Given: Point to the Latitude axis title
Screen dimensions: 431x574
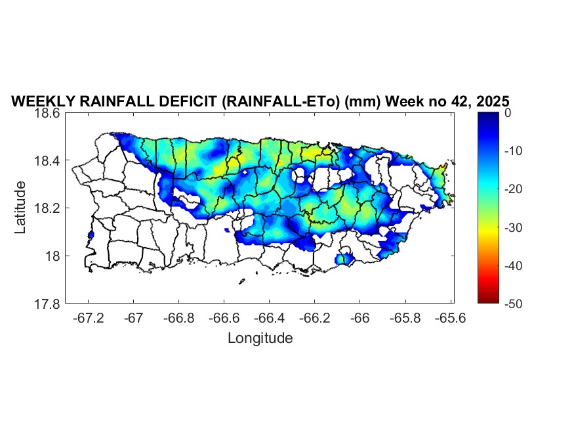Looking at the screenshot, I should pos(21,208).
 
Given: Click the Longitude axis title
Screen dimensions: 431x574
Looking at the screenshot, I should pos(260,338).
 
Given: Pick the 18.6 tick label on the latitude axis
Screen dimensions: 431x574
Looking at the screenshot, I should pos(48,113).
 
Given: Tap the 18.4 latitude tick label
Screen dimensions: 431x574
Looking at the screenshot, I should pos(48,161).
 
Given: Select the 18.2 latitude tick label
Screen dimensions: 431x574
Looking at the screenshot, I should pos(48,208).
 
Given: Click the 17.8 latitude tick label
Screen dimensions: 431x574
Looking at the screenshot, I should pos(48,304).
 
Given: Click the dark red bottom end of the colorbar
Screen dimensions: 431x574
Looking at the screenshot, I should pos(487,300).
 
